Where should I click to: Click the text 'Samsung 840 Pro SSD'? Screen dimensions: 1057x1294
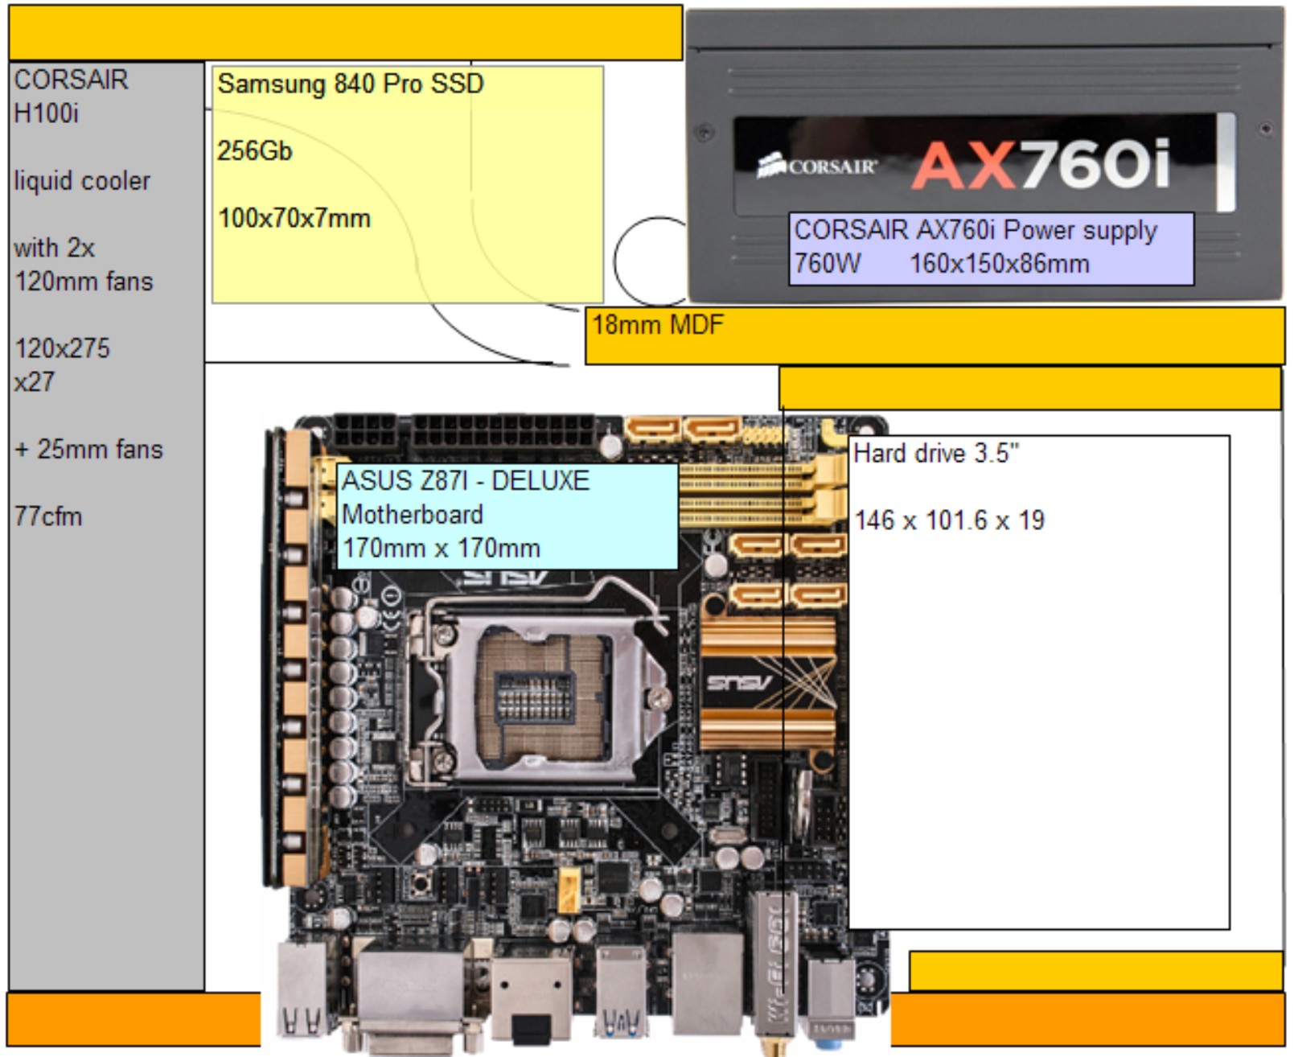pyautogui.click(x=350, y=84)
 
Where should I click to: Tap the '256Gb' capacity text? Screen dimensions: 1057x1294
pyautogui.click(x=254, y=150)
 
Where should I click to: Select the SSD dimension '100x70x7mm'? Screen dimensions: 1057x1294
pyautogui.click(x=294, y=218)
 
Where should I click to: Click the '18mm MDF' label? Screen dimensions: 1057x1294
pyautogui.click(x=657, y=325)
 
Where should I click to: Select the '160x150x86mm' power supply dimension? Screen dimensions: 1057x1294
pyautogui.click(x=999, y=264)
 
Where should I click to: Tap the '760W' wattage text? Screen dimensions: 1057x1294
pyautogui.click(x=827, y=264)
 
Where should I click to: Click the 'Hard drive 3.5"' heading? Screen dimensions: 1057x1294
pyautogui.click(x=935, y=454)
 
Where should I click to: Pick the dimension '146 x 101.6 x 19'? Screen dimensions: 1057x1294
pyautogui.click(x=949, y=520)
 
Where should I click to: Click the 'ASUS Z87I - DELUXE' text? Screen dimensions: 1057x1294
pyautogui.click(x=466, y=481)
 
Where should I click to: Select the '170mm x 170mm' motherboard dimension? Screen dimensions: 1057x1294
pyautogui.click(x=441, y=549)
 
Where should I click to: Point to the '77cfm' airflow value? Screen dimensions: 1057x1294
pyautogui.click(x=48, y=516)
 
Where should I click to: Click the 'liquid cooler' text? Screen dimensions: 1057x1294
pyautogui.click(x=82, y=181)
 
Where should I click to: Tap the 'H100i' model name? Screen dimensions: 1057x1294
pyautogui.click(x=46, y=113)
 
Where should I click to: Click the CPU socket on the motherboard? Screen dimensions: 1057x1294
pyautogui.click(x=535, y=693)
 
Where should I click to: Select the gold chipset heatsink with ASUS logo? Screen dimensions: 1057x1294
pyautogui.click(x=768, y=684)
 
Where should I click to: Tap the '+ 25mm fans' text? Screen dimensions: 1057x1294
pyautogui.click(x=88, y=449)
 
